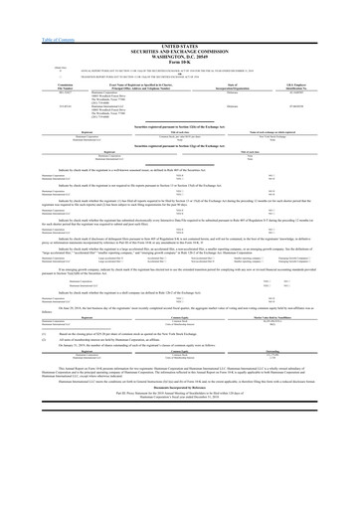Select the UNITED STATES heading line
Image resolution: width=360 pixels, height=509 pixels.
(x=179, y=18)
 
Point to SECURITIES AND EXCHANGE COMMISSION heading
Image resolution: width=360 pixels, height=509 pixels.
(x=179, y=24)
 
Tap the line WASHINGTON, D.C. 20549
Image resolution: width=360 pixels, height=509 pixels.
(x=179, y=30)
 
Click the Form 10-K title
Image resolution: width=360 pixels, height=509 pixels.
(x=179, y=36)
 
